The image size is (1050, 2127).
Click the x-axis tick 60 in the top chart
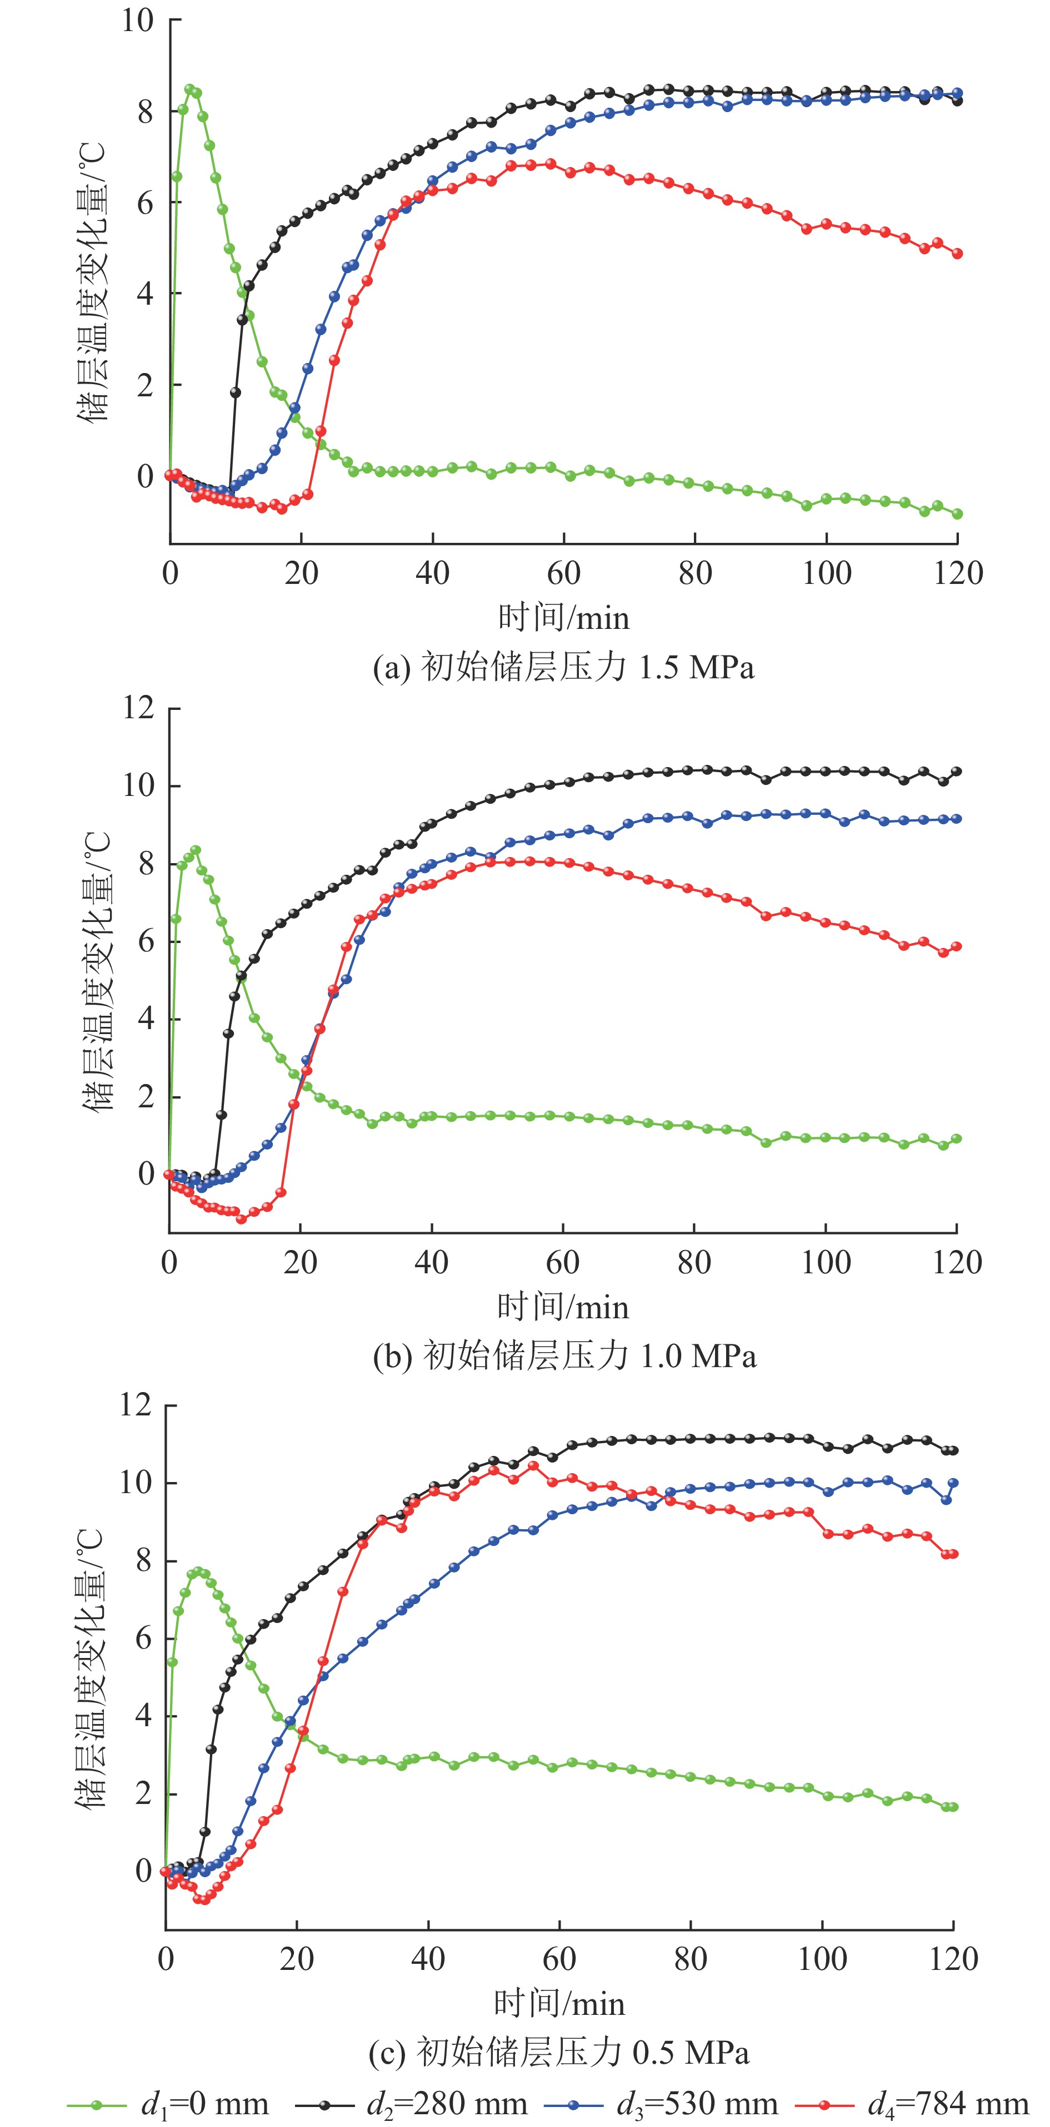click(x=563, y=573)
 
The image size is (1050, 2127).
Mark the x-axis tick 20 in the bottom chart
click(x=297, y=1959)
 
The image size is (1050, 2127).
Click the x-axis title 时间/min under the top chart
click(x=563, y=618)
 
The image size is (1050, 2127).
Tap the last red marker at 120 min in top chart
click(x=957, y=254)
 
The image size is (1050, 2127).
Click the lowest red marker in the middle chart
click(x=241, y=1219)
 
